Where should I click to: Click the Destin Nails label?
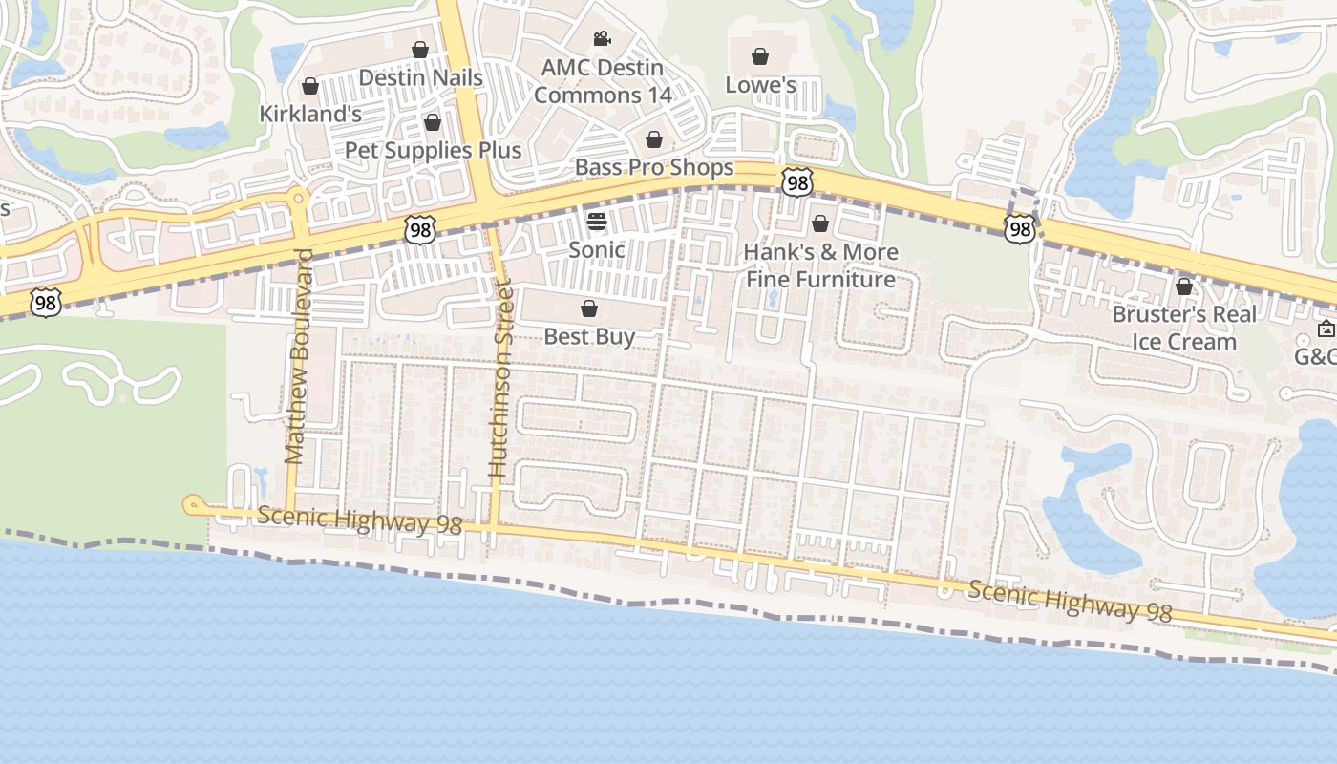click(420, 77)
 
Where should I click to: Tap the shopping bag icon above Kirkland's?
click(309, 87)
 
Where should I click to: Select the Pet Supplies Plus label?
click(433, 150)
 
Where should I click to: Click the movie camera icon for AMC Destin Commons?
click(602, 39)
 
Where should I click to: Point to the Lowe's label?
click(760, 85)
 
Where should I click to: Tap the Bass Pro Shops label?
click(654, 168)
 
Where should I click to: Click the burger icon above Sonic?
click(597, 223)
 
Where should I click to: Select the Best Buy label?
click(589, 336)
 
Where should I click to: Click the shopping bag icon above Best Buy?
click(589, 308)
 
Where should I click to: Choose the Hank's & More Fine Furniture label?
click(820, 266)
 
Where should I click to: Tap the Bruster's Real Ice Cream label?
click(1184, 328)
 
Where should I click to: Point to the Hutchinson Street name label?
click(500, 378)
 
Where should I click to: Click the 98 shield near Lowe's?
click(796, 181)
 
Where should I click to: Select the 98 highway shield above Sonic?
click(419, 228)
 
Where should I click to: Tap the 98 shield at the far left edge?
click(45, 303)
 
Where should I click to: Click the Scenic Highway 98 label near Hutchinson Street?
click(359, 520)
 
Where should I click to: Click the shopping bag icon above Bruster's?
click(1184, 286)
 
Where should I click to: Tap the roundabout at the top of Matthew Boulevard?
click(298, 198)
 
